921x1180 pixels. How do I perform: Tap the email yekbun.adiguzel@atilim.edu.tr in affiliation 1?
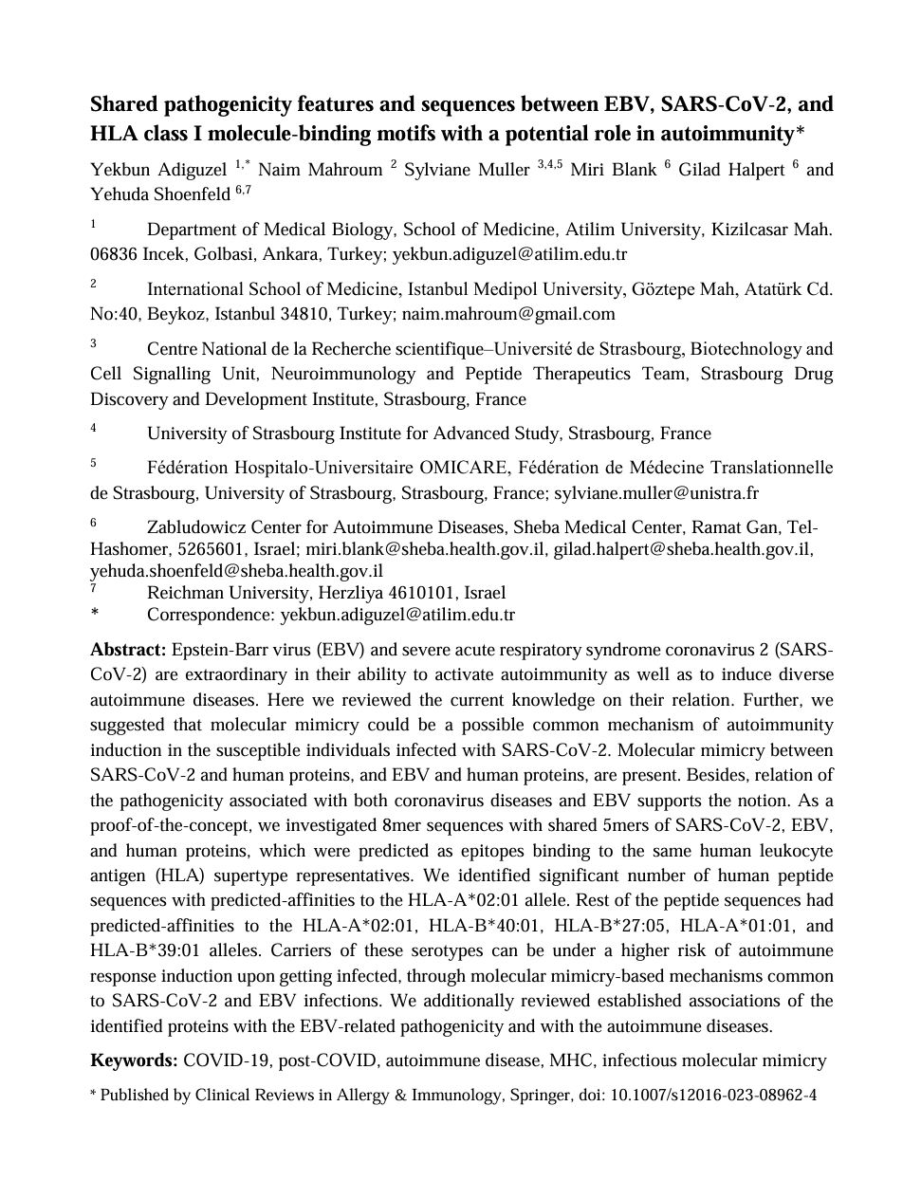pos(509,254)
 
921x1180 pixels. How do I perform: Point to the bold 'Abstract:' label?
pos(128,650)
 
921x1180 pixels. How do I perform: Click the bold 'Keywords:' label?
pos(134,1060)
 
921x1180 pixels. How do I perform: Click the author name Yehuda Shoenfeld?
pos(160,194)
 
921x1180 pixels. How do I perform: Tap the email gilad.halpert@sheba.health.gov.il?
pos(682,549)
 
